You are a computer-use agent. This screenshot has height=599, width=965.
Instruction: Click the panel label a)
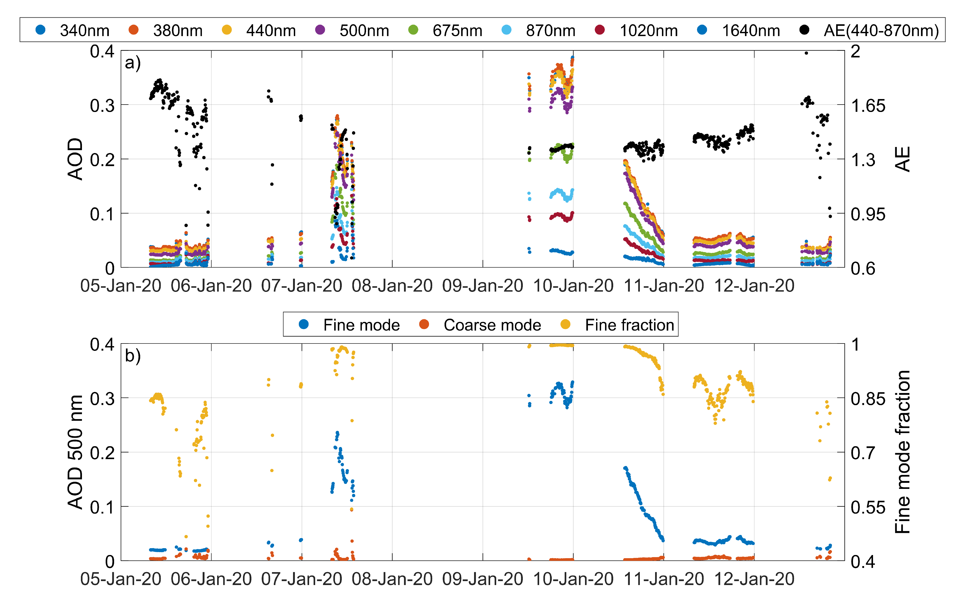point(133,63)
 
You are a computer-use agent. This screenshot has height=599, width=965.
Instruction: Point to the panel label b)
point(133,356)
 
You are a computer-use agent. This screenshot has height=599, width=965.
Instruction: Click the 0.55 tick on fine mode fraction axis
point(867,507)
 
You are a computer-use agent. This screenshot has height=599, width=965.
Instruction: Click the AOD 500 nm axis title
point(75,452)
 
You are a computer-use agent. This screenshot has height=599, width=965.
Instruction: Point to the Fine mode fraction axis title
point(903,452)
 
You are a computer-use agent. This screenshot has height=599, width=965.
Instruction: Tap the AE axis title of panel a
point(903,159)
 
